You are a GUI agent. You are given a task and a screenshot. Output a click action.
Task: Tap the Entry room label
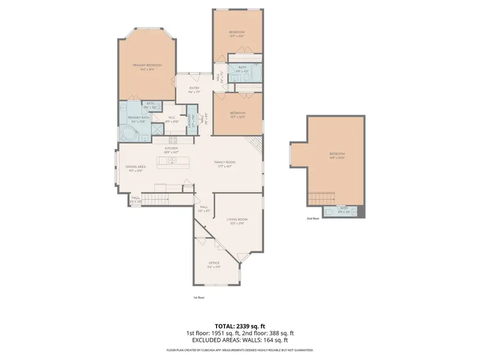[194, 89]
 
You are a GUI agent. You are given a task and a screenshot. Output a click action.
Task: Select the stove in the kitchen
[173, 140]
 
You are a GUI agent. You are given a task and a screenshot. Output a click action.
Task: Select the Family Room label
[225, 162]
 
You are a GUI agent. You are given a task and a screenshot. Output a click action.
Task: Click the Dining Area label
[135, 167]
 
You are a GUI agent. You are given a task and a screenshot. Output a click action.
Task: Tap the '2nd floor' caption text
[313, 219]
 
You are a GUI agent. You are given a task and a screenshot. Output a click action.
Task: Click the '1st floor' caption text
[198, 297]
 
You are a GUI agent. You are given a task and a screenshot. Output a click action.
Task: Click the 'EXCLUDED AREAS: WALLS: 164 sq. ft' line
[239, 340]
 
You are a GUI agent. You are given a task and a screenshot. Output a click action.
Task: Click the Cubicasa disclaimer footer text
[239, 350]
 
